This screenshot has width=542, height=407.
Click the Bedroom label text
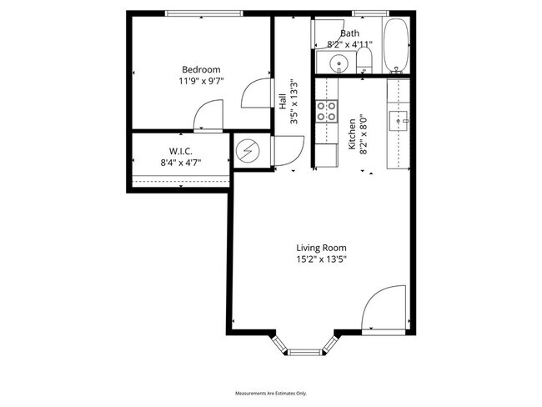201,69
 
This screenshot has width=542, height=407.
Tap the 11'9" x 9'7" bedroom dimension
201,82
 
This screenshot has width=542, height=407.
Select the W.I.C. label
181,151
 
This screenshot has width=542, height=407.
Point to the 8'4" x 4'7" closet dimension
181,163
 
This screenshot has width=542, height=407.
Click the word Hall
283,102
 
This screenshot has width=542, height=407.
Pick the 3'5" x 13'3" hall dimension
294,102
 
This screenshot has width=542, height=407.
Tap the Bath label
349,33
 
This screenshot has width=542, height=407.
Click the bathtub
394,45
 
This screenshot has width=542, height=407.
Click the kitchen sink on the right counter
397,121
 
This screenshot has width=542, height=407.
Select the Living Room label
321,248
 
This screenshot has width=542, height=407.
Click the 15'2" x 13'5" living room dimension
321,259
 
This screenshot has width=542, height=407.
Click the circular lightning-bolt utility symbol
248,151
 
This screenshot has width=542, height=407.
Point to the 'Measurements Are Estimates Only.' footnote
271,393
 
